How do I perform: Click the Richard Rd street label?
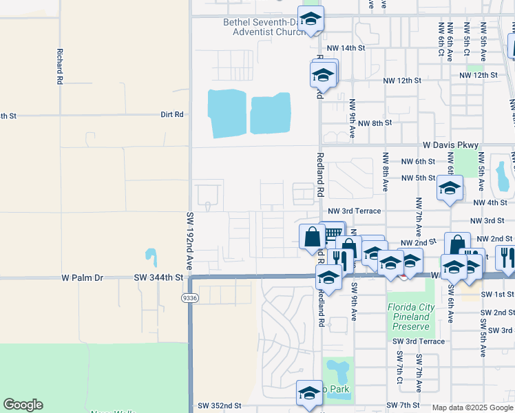coord(61,66)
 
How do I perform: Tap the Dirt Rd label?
coord(172,114)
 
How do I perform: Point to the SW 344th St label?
coord(159,278)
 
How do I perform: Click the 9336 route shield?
coord(190,298)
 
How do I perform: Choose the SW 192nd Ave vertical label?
coord(190,241)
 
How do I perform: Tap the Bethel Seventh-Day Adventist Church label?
coord(263,27)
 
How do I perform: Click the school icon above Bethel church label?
coord(311,19)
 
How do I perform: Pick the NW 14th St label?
coord(346,47)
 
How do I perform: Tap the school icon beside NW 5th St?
coord(450,188)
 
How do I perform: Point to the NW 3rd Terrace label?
coord(354,211)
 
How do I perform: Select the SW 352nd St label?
coord(219,406)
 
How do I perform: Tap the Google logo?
coord(23,405)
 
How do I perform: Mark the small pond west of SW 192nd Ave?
coord(151,257)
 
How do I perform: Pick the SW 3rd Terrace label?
coord(419,341)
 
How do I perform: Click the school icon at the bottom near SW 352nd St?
coord(309,393)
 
